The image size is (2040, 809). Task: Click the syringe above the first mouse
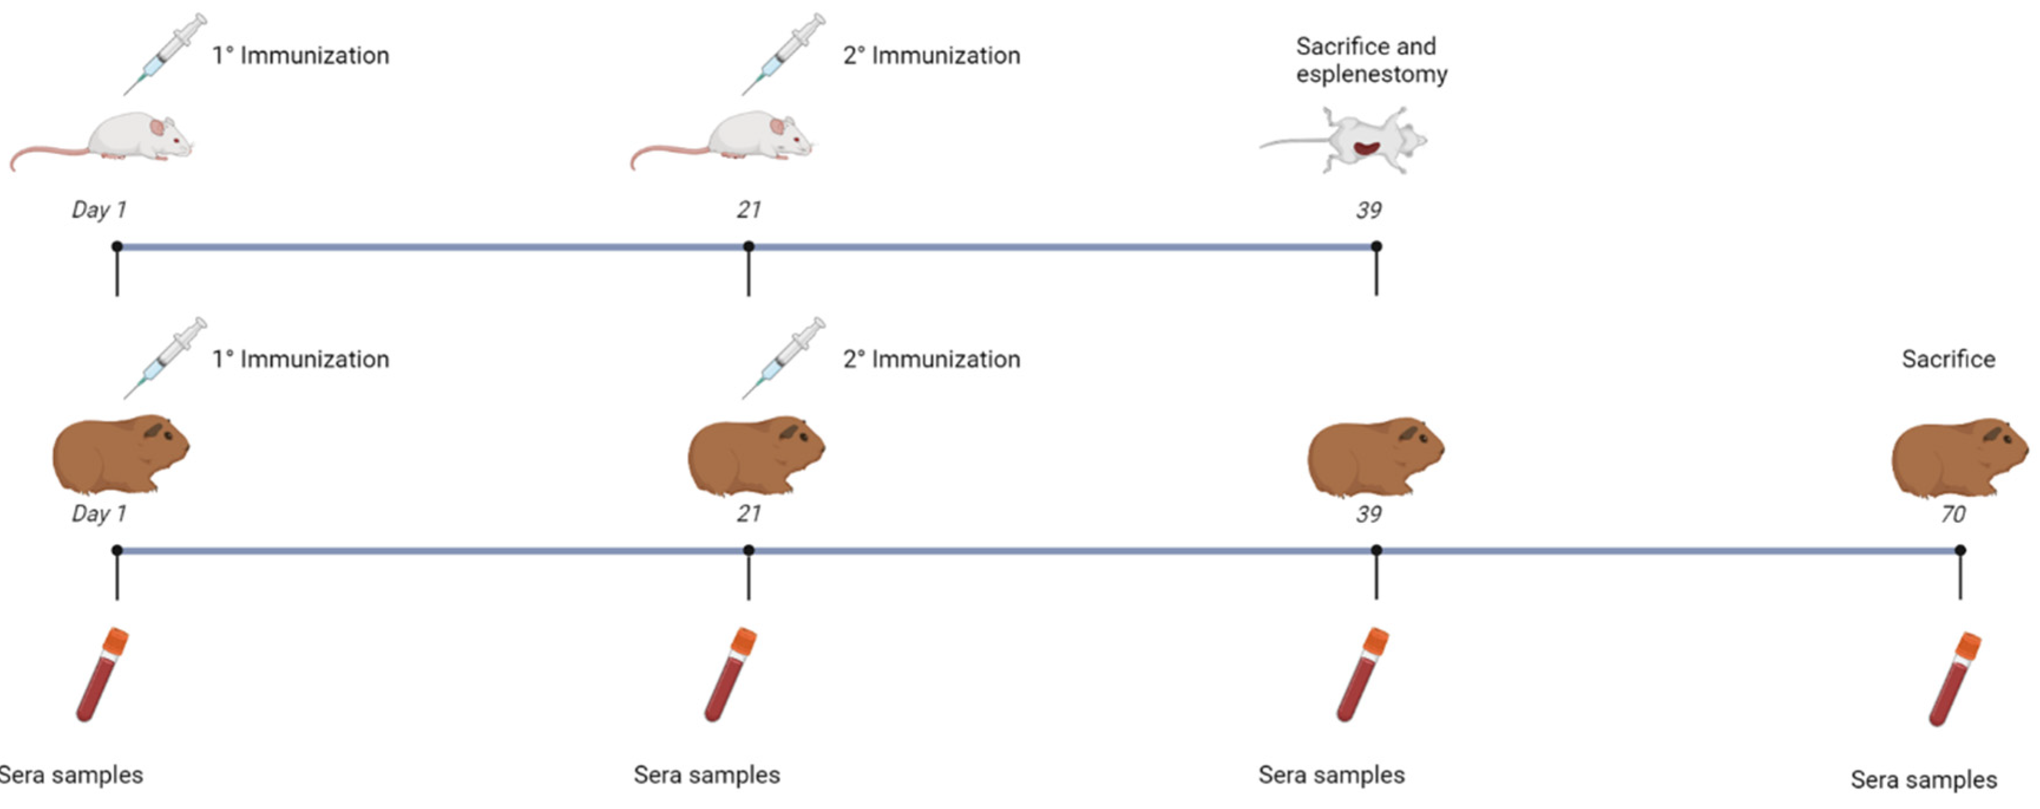click(165, 54)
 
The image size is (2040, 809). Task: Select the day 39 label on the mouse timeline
click(1368, 210)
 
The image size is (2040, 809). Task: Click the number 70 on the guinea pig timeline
click(1953, 514)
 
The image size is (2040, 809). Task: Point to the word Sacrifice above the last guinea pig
click(1948, 359)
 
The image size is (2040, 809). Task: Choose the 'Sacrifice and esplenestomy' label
click(1371, 60)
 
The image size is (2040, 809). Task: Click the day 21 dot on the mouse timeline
click(748, 247)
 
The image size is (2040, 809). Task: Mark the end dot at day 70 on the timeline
click(1960, 550)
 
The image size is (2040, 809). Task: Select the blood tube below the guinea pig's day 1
click(102, 674)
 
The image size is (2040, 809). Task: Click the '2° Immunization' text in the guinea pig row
click(931, 359)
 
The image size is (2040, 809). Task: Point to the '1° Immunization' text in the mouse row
click(300, 55)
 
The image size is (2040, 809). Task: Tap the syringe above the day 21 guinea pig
click(783, 358)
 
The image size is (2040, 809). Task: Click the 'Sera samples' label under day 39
click(1331, 774)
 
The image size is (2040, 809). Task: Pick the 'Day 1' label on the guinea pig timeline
click(99, 513)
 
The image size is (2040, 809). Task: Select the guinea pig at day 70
click(1959, 457)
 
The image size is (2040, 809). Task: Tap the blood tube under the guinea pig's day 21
click(730, 674)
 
